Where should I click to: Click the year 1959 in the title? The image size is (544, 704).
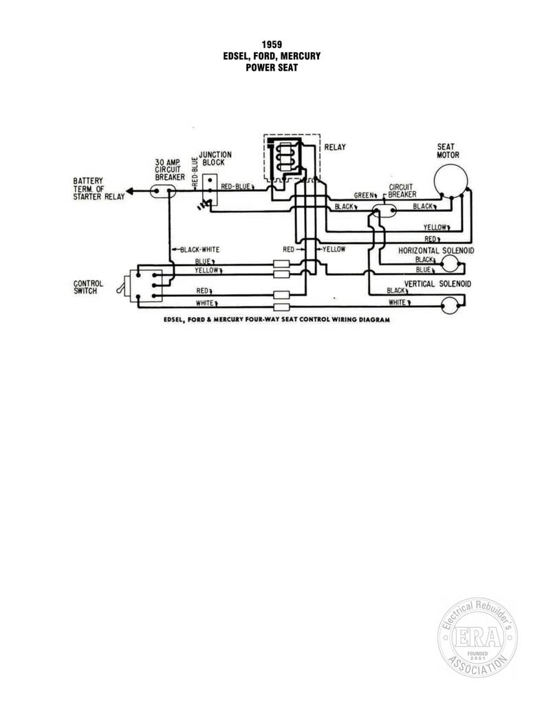(272, 45)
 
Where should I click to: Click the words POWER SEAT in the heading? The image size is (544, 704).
(272, 68)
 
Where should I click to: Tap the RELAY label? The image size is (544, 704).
(335, 147)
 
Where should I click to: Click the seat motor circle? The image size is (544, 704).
(450, 181)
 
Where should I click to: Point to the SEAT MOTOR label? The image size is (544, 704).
(448, 151)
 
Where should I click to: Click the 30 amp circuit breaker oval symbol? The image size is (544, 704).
(162, 192)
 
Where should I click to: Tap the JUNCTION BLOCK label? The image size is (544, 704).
(215, 159)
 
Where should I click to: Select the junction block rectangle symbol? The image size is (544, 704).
(210, 190)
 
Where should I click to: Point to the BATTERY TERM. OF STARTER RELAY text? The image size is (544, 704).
(99, 188)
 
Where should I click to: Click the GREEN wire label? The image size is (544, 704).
(363, 195)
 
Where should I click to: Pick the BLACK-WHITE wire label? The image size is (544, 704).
(199, 250)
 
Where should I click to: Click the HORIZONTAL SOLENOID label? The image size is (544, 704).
(436, 250)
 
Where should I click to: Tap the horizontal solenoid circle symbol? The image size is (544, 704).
(450, 263)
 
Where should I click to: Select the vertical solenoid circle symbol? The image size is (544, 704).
(450, 305)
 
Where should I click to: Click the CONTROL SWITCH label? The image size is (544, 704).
(88, 287)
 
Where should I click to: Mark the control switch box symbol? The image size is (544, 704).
(146, 285)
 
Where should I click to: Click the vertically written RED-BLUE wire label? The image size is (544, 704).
(195, 172)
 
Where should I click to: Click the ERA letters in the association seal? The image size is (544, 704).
(477, 637)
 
